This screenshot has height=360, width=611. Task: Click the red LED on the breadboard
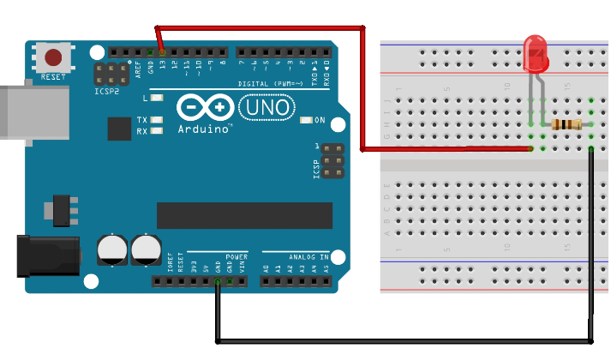(536, 53)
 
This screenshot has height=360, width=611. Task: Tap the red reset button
(53, 58)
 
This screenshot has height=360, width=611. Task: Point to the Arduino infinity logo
(206, 108)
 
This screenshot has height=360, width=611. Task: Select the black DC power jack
(47, 255)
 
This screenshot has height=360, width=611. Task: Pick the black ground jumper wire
(403, 341)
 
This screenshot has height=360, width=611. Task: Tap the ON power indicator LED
(306, 119)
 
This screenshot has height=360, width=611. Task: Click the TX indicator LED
(157, 119)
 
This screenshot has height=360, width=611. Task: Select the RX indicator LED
(157, 131)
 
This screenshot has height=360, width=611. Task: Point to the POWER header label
(237, 256)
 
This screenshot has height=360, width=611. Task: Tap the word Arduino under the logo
(206, 129)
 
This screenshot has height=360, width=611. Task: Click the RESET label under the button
(53, 77)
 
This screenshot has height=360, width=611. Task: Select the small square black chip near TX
(119, 129)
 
